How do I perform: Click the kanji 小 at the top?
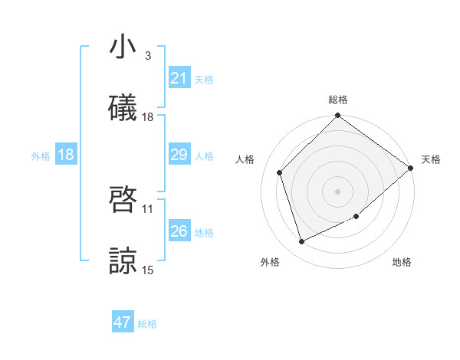(123, 47)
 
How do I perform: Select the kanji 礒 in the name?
(123, 109)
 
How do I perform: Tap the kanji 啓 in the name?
(123, 201)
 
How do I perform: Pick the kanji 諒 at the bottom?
(123, 262)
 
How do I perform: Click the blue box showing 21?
(179, 78)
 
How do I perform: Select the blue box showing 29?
(179, 155)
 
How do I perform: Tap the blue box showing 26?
(179, 231)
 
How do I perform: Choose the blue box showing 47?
(123, 322)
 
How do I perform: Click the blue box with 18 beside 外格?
(65, 155)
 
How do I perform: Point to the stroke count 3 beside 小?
(148, 56)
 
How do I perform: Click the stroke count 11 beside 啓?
(148, 208)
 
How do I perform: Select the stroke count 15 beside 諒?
(148, 270)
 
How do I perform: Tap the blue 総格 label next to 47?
(147, 324)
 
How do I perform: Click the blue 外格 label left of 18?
(41, 156)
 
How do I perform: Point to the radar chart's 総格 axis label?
(337, 100)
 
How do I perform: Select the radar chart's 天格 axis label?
(431, 159)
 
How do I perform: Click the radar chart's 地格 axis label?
(402, 262)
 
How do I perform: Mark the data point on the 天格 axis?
(411, 168)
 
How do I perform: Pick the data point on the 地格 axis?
(356, 216)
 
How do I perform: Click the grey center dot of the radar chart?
(337, 191)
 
